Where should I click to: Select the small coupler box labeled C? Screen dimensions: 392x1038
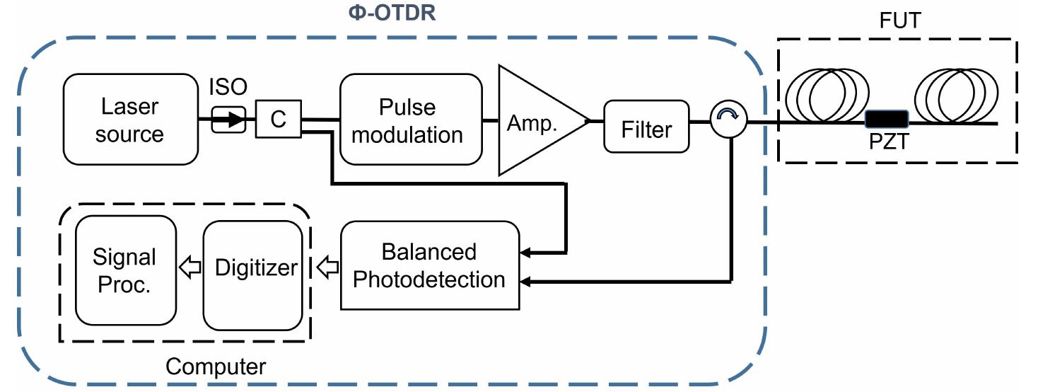click(x=278, y=119)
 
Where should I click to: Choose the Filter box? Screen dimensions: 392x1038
click(x=646, y=128)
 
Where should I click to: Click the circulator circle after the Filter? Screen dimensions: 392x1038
click(x=728, y=121)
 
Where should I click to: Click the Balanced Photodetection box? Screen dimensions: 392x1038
click(x=429, y=265)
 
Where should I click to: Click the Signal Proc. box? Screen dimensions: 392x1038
click(x=125, y=270)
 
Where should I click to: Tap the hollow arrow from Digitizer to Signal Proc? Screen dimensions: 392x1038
click(x=189, y=268)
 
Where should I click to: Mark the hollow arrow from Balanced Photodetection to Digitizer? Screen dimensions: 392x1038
click(x=327, y=268)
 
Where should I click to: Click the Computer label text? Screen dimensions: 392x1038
click(x=215, y=366)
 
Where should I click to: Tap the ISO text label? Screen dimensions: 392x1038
click(x=228, y=87)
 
